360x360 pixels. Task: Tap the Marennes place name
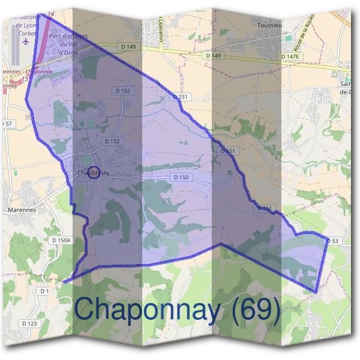tap(23, 210)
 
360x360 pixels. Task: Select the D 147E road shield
tap(290, 56)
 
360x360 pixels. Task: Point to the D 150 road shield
tap(181, 177)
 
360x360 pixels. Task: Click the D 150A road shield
tap(61, 240)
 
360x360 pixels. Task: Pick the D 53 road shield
tap(334, 241)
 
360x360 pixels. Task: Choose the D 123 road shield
tap(29, 323)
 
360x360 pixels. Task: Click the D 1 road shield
tap(44, 291)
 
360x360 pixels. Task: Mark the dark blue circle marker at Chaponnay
tap(93, 173)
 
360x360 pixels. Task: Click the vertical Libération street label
tap(162, 28)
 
